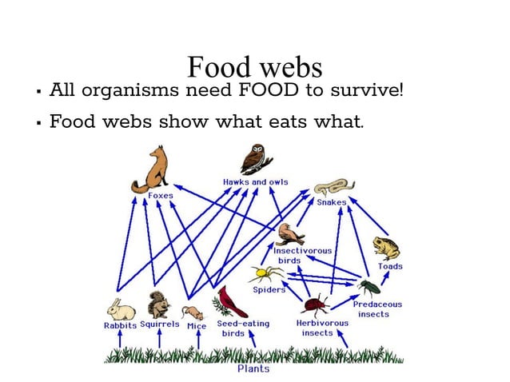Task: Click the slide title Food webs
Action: click(x=254, y=66)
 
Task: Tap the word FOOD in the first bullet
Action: click(x=268, y=90)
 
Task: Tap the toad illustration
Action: click(x=386, y=248)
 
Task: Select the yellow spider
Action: click(x=261, y=274)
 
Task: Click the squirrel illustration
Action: click(x=158, y=304)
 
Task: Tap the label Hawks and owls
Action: click(x=255, y=182)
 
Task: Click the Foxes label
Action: click(x=160, y=196)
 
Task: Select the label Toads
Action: click(x=390, y=266)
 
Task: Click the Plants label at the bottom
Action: click(x=253, y=368)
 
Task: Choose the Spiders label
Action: click(x=269, y=290)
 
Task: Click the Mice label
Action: click(x=196, y=326)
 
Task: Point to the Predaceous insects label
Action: click(x=377, y=309)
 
